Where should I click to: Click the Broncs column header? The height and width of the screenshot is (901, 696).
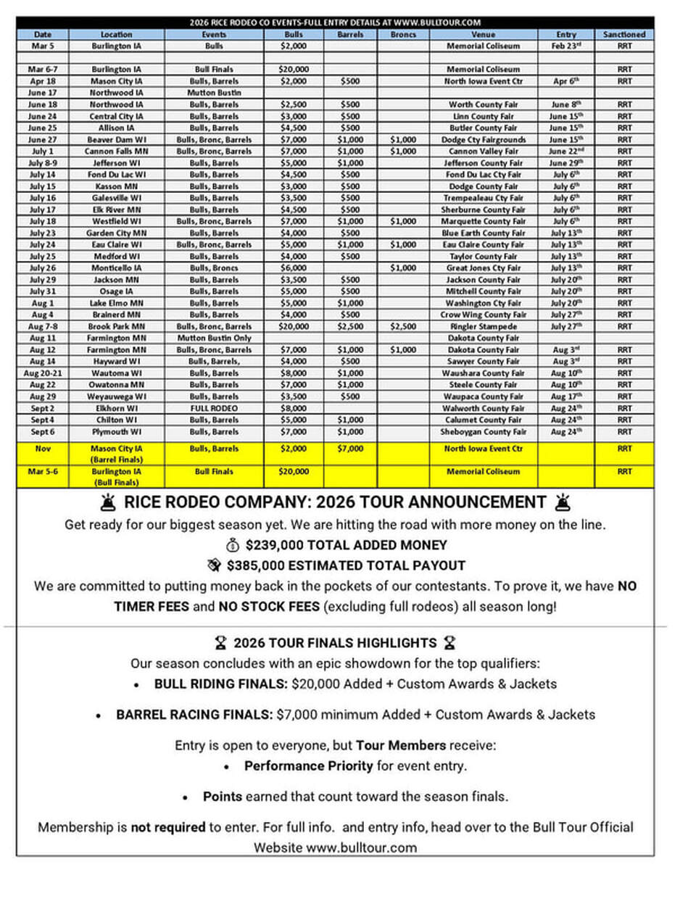coord(403,34)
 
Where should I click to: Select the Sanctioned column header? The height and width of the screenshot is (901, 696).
coord(624,34)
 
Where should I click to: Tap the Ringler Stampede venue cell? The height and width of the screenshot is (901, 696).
coord(484,326)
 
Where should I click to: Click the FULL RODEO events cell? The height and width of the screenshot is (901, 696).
coord(214,408)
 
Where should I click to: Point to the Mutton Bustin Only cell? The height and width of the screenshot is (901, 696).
coord(214,338)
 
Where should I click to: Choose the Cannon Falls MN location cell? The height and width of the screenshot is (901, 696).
coord(117,151)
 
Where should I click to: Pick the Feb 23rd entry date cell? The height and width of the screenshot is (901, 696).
coord(565,46)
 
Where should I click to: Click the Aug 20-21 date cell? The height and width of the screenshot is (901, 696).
coord(43,373)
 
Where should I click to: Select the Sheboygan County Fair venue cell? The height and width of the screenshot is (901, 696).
coord(484,432)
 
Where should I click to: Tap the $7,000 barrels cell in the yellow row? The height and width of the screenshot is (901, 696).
coord(351,449)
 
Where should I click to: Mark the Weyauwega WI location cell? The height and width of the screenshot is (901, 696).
coord(117,396)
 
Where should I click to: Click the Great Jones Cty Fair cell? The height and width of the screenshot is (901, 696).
coord(484,268)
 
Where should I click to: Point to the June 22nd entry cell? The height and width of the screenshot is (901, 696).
coord(565,151)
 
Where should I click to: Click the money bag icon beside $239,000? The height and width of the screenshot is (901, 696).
coord(233,545)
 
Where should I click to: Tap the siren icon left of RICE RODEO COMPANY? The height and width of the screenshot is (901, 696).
coord(108,502)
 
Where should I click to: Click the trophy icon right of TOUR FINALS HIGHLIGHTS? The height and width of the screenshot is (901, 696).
coord(449,643)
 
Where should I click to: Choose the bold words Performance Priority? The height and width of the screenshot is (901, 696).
coord(308,765)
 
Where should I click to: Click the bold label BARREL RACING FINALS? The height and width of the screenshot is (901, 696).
coord(194,715)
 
